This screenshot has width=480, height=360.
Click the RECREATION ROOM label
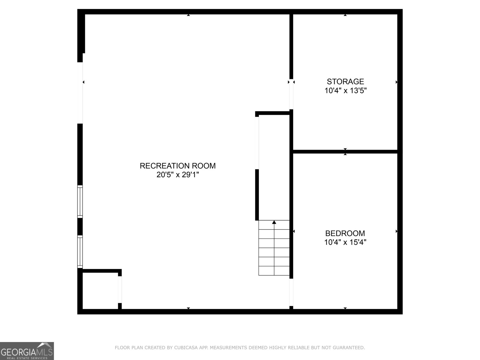click(178, 166)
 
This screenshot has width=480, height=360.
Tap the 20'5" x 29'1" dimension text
click(178, 175)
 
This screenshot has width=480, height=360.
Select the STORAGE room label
click(345, 82)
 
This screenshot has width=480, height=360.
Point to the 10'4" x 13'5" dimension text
click(345, 90)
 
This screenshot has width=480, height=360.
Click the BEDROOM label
click(345, 233)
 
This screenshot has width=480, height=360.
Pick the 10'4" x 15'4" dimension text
click(345, 242)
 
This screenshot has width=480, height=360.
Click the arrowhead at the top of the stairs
click(274, 222)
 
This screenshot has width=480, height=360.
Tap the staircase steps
click(274, 248)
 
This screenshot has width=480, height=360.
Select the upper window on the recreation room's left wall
click(80, 202)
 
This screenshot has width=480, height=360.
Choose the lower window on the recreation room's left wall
click(80, 252)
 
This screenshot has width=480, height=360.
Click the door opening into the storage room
click(291, 94)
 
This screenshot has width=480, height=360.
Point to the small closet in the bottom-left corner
click(100, 291)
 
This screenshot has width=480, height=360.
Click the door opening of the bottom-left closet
click(120, 289)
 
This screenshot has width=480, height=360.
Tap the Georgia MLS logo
click(27, 351)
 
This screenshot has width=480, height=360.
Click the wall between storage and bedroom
click(345, 152)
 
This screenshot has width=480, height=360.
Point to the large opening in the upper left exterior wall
click(80, 93)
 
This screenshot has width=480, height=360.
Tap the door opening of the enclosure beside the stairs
click(257, 143)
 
